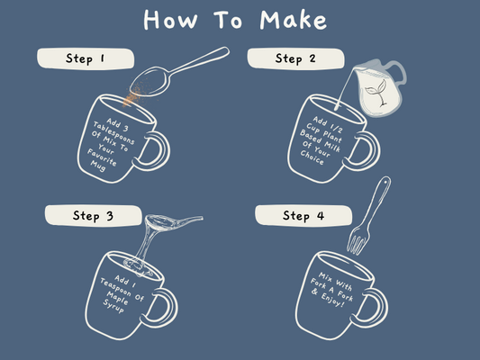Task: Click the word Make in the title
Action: [x=294, y=20]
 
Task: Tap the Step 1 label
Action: [x=86, y=58]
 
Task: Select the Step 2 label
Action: [x=295, y=58]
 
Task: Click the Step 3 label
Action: [x=94, y=216]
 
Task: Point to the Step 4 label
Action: [x=303, y=216]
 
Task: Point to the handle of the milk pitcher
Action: [x=399, y=73]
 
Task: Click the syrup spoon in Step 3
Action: [x=173, y=221]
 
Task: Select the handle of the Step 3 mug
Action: [x=166, y=308]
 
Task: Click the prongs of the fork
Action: [x=358, y=240]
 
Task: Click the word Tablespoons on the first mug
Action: [x=113, y=133]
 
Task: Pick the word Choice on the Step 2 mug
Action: [x=312, y=157]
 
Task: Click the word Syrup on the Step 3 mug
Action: [x=113, y=306]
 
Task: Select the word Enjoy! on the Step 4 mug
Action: [x=333, y=301]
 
